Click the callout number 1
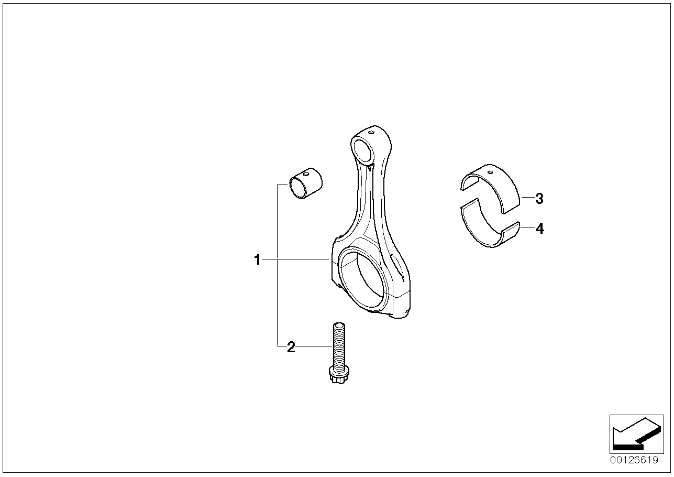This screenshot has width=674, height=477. [257, 259]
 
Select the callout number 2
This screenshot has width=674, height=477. [291, 347]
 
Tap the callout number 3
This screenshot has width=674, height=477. [539, 199]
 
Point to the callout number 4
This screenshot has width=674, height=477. [540, 229]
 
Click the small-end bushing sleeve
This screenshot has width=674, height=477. [306, 183]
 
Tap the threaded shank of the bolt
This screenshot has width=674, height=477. [339, 346]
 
